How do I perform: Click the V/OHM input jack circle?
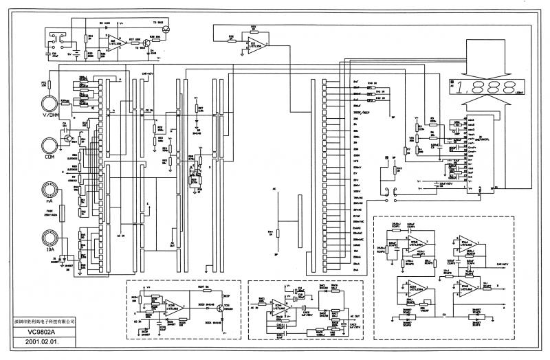click(49, 102)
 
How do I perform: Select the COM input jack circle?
click(49, 145)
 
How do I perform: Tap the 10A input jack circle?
click(49, 237)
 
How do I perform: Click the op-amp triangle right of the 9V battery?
click(113, 42)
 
